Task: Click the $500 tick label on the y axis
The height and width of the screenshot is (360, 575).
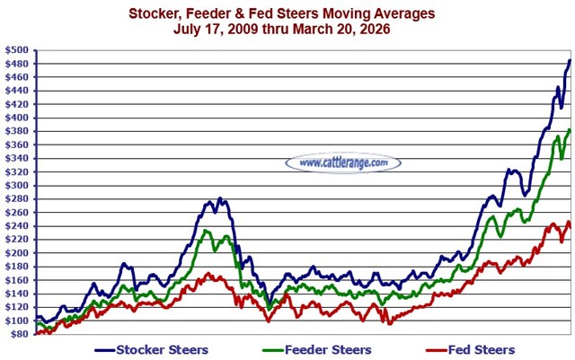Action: (18, 51)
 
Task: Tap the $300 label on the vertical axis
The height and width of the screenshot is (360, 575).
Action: (18, 186)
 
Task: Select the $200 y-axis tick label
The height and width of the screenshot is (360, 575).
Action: (18, 253)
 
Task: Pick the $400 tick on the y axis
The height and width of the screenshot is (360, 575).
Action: (18, 119)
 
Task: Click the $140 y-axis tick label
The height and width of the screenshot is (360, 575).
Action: (18, 294)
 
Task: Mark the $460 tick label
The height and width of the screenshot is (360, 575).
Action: (18, 78)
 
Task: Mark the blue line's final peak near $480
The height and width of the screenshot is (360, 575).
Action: (570, 61)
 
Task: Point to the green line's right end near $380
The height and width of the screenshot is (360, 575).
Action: (570, 130)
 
